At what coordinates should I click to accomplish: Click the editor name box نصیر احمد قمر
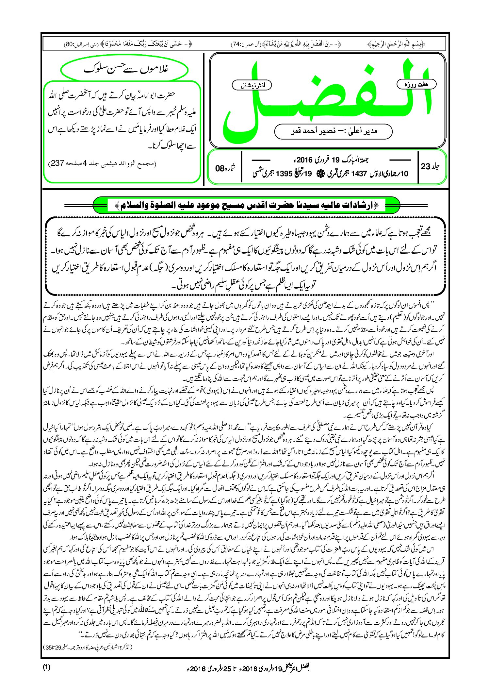pyautogui.click(x=333, y=131)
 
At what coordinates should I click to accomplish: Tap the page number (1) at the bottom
pyautogui.click(x=46, y=667)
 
